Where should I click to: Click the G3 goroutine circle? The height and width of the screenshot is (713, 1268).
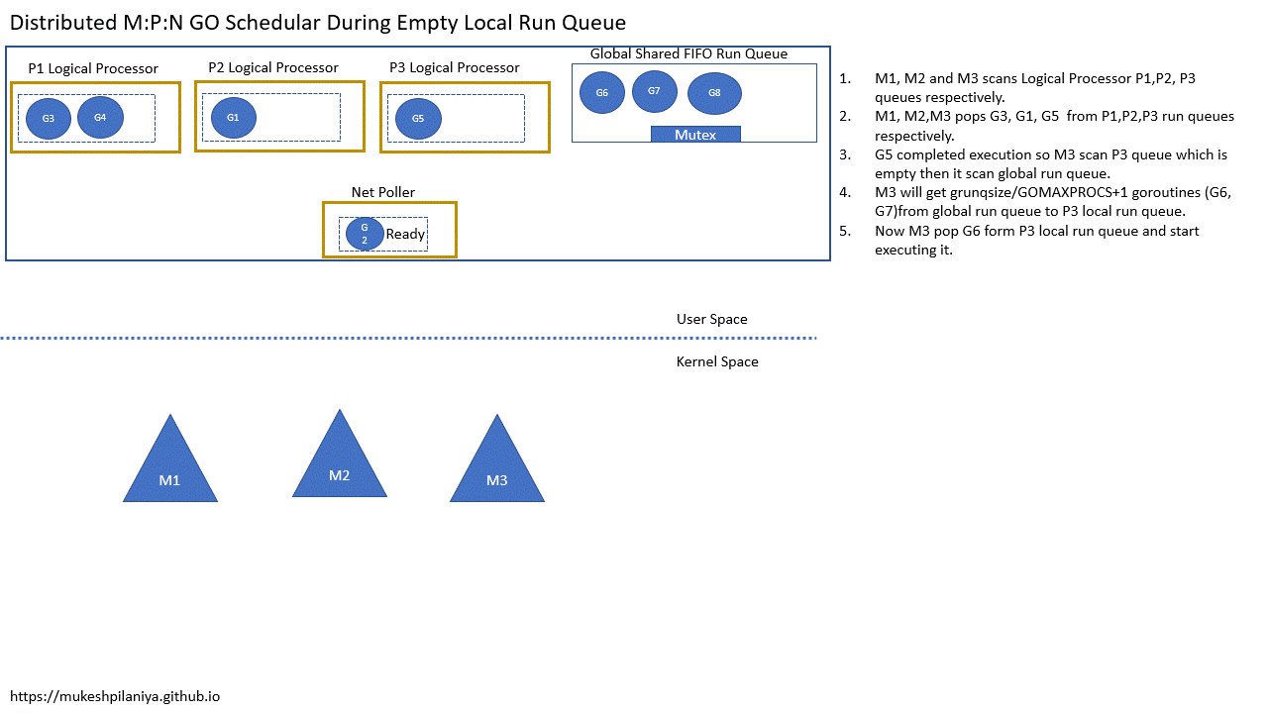[x=49, y=118]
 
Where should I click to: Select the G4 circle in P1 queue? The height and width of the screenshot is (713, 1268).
[x=100, y=117]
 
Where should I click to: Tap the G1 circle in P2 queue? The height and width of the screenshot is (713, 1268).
[x=234, y=117]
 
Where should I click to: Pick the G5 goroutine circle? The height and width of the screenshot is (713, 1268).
[x=418, y=118]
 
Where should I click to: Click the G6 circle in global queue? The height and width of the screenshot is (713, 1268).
[x=602, y=92]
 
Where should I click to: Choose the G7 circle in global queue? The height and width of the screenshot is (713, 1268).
[x=654, y=91]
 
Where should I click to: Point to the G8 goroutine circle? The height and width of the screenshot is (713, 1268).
[x=714, y=93]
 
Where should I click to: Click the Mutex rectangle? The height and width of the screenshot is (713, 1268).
[x=695, y=135]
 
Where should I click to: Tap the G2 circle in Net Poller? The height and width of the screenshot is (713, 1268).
[x=365, y=234]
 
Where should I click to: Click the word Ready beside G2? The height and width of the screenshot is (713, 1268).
[x=405, y=235]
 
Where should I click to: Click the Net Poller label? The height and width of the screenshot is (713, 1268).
[x=383, y=192]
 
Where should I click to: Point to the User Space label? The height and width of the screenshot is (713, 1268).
[x=711, y=319]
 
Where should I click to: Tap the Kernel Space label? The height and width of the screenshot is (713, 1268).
[x=717, y=361]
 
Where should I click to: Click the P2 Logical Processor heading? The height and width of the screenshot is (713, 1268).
[x=273, y=67]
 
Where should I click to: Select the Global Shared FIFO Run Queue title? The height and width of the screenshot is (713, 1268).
[x=688, y=53]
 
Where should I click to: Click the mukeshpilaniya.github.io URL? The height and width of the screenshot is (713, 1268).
[x=115, y=696]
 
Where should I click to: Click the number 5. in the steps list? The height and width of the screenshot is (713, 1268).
[x=845, y=231]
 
